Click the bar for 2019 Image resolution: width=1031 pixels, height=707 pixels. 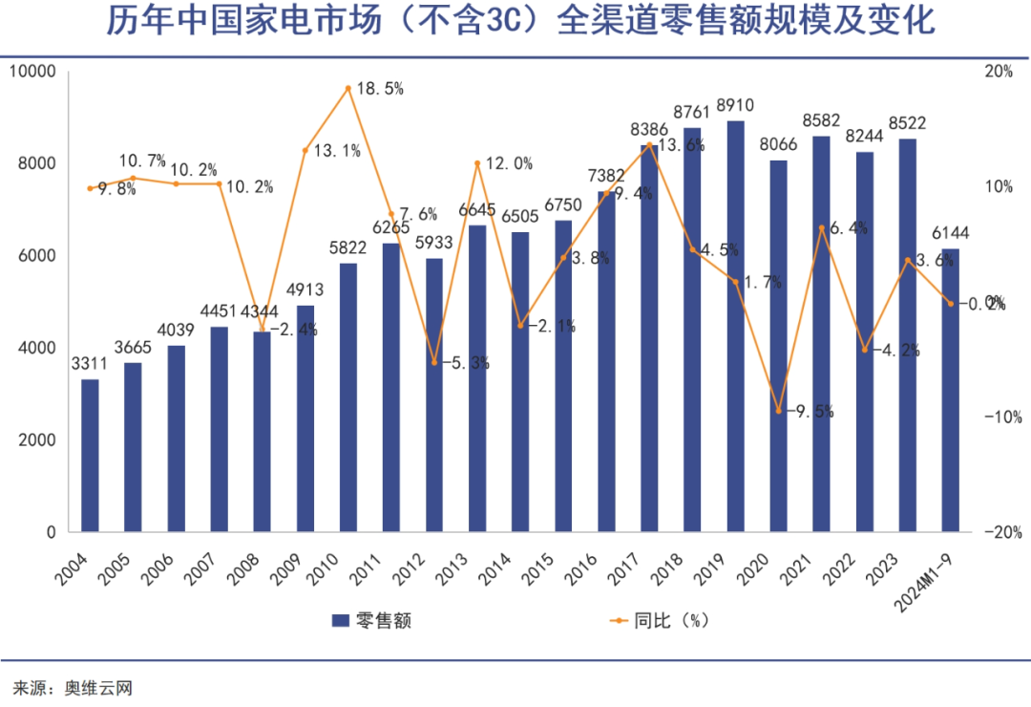click(735, 326)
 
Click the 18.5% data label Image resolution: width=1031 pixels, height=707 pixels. click(380, 89)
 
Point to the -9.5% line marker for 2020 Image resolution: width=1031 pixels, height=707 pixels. click(779, 411)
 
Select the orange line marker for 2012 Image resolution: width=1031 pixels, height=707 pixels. click(434, 363)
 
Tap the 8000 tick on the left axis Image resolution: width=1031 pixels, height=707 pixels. click(35, 163)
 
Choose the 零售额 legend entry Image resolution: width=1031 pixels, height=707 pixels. click(371, 619)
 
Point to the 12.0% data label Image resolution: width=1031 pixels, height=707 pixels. click(509, 163)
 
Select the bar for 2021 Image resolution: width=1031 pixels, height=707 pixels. click(821, 333)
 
